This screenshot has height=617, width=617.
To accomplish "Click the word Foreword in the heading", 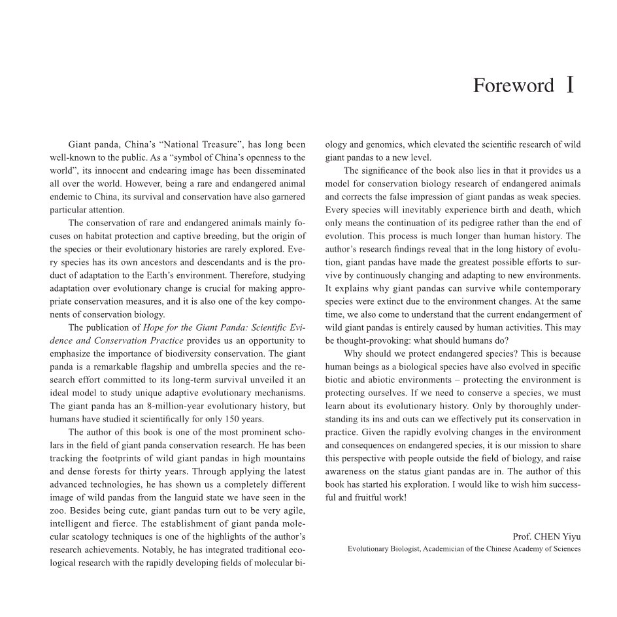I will tap(513, 86).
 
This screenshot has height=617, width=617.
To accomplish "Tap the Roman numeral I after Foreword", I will tap(571, 85).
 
